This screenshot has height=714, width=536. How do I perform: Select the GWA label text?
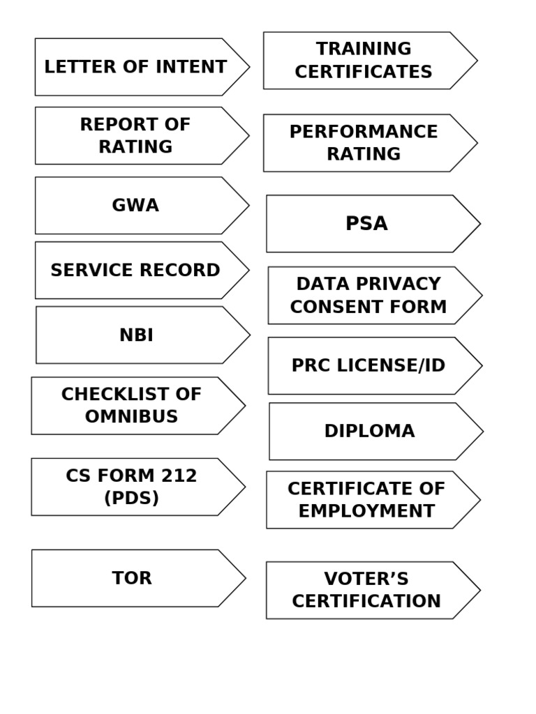point(135,206)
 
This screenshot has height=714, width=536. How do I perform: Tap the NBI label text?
point(136,335)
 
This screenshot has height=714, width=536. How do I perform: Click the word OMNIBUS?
point(131,417)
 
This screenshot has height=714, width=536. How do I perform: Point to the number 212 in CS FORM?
point(179,476)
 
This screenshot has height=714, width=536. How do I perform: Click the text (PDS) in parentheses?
point(131,499)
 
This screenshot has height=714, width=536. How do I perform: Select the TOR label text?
point(132,578)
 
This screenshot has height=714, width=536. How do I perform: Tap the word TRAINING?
point(364,50)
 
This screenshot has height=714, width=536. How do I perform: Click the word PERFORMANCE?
point(364,132)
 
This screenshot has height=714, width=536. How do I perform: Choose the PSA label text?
point(366,224)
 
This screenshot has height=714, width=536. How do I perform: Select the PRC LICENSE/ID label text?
point(368,366)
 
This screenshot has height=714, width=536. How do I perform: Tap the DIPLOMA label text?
point(369,432)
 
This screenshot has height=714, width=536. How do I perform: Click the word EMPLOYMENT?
point(366,511)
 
